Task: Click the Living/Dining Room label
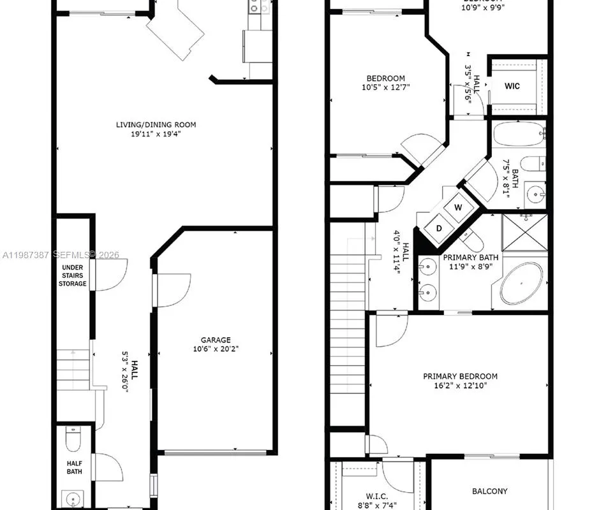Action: (156, 125)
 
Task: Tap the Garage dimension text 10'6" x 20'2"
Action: (216, 349)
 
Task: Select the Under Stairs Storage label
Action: (73, 275)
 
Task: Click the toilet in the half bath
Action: (73, 439)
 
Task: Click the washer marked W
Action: (458, 207)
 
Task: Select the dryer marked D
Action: (440, 228)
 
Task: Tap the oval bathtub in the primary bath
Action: (521, 284)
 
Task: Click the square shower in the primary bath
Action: (524, 233)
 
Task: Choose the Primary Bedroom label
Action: (460, 376)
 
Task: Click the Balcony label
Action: (489, 491)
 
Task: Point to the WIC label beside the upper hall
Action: (512, 86)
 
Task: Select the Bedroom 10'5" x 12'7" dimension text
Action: (385, 87)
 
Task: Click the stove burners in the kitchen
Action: (258, 7)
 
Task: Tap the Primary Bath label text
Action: (471, 258)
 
